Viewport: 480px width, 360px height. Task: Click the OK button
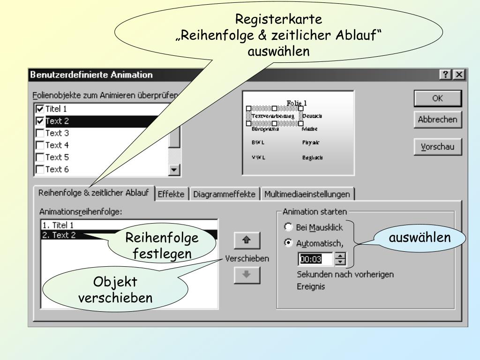[x=437, y=99]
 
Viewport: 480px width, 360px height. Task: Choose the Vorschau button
[x=437, y=147]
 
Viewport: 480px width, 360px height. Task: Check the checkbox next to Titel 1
[x=40, y=109]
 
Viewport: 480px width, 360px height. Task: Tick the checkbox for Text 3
[x=40, y=133]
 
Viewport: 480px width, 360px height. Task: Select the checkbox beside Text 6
[x=40, y=170]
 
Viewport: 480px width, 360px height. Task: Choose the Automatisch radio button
[x=289, y=243]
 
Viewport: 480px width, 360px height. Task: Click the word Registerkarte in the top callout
[x=278, y=20]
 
